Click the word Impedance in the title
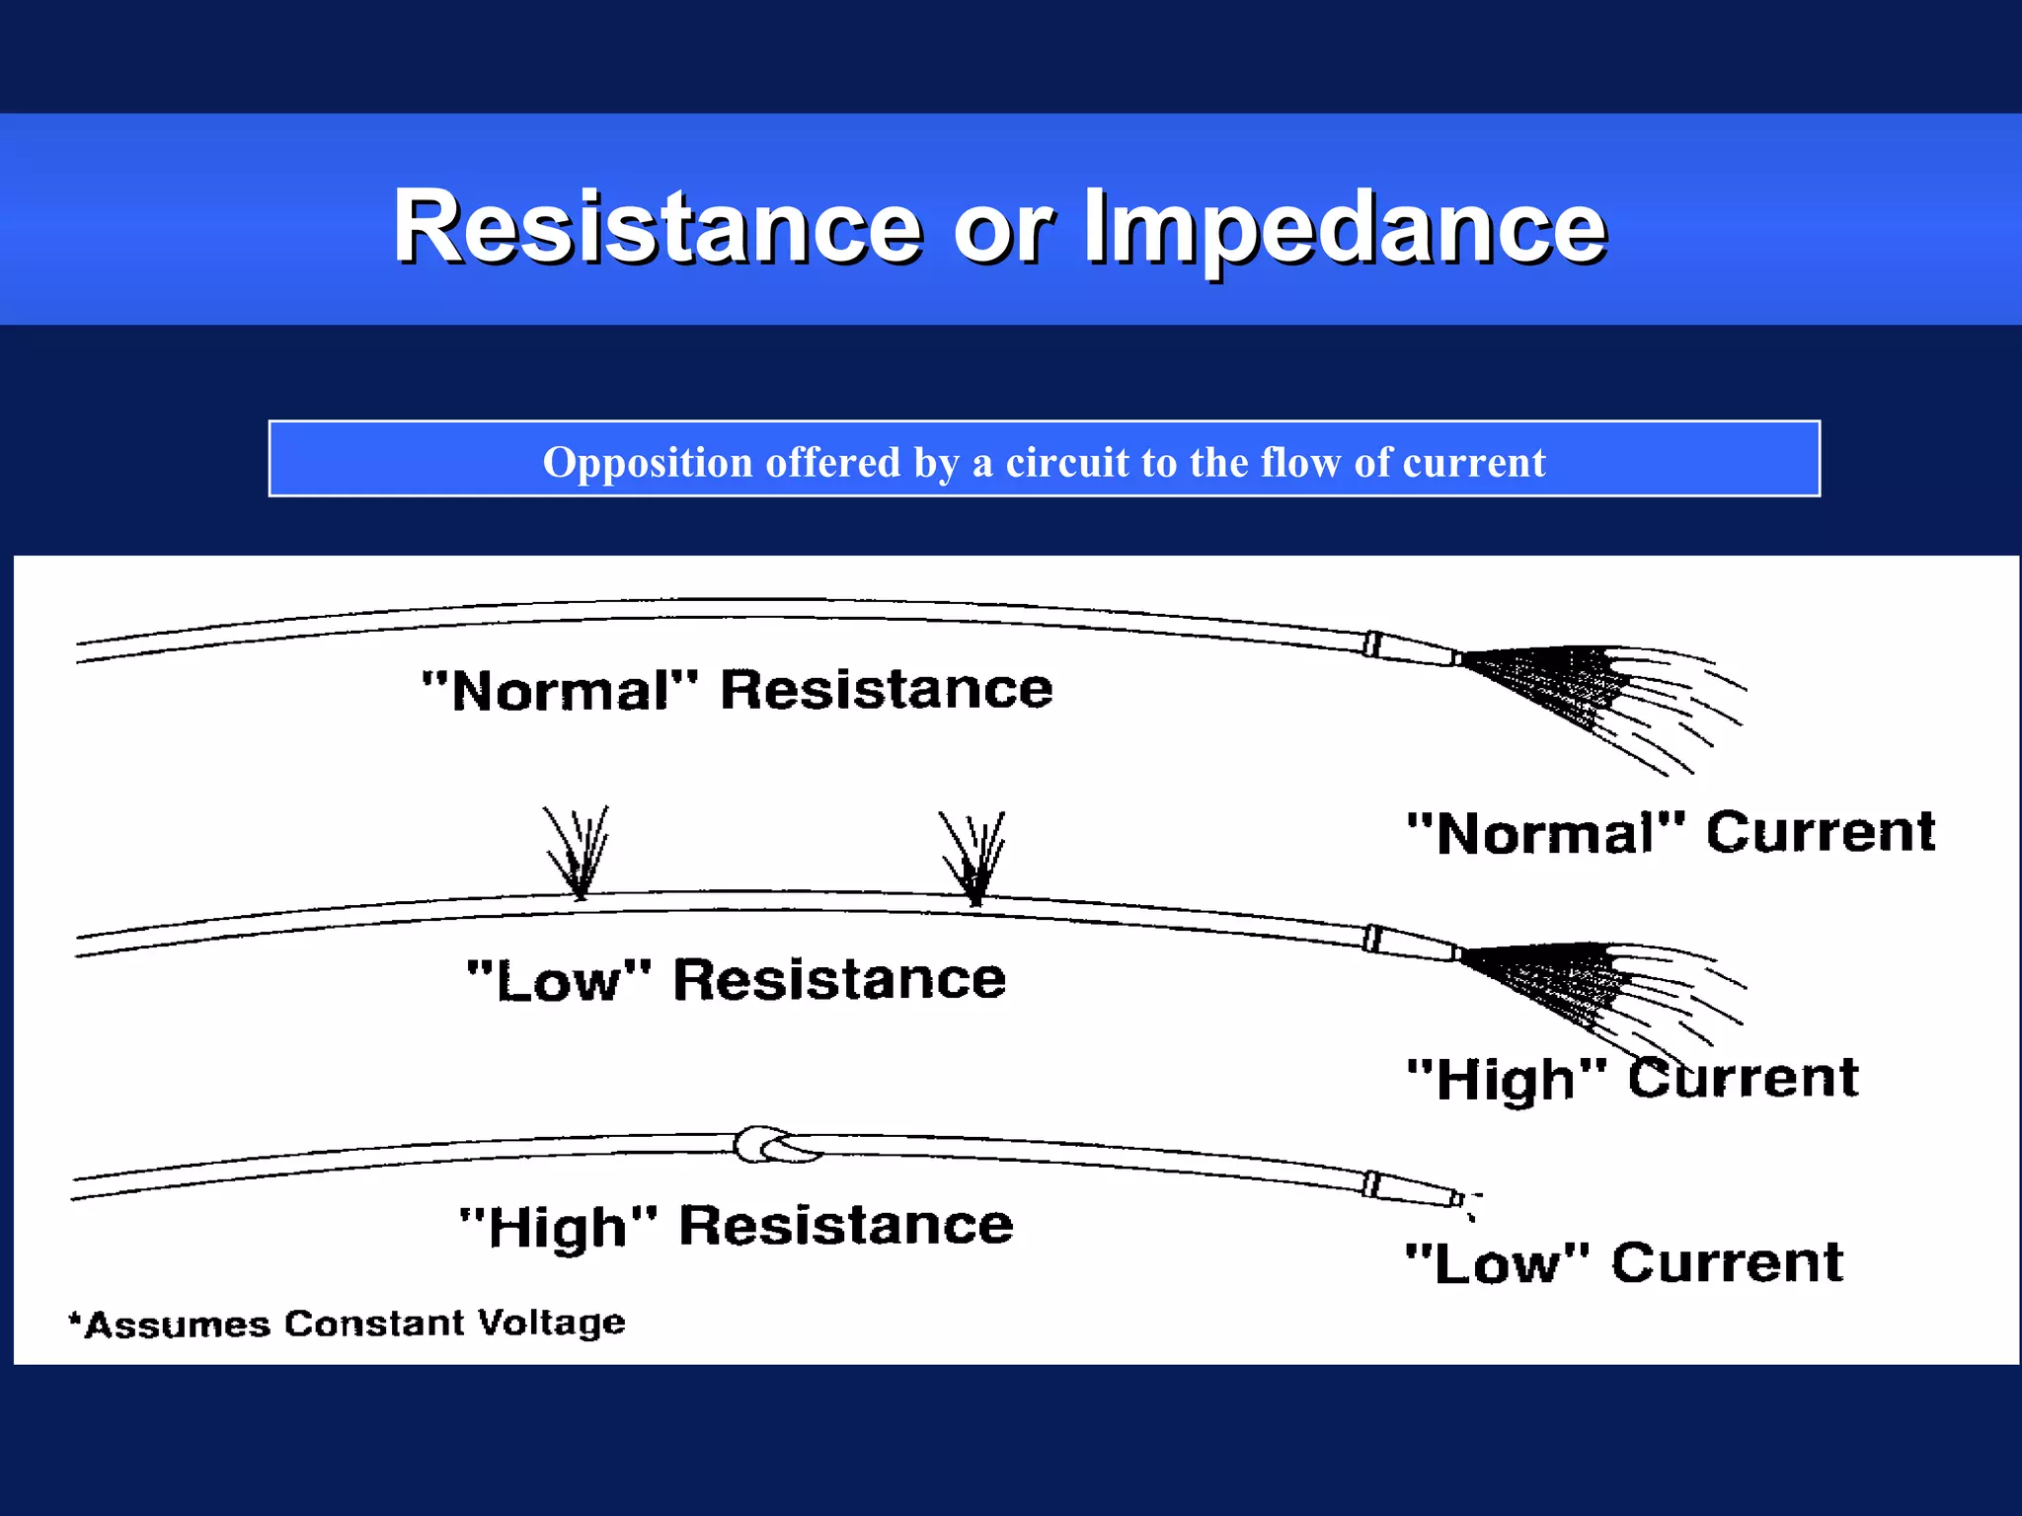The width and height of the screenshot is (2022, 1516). coord(1345,229)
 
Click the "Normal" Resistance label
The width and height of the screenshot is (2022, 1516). coord(737,689)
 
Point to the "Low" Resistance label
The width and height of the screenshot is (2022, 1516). coord(737,979)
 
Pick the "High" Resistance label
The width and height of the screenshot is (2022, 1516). coord(737,1226)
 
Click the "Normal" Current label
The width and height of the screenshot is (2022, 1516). coord(1671,831)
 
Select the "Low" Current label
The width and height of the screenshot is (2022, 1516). coord(1624,1262)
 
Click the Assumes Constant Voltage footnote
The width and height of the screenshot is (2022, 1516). coord(348,1324)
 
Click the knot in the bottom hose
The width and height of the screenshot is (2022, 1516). coord(775,1145)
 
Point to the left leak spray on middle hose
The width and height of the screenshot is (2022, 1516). coord(579,851)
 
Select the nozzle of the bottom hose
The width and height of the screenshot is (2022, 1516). coord(1414,1189)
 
